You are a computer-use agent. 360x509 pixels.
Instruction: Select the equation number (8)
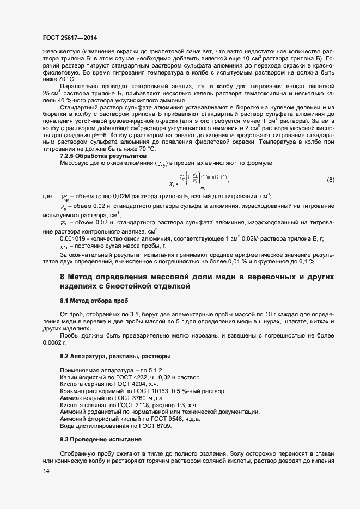coord(331,180)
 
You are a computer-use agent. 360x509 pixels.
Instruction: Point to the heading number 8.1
coord(65,301)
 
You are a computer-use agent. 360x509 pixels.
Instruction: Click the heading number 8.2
coord(65,355)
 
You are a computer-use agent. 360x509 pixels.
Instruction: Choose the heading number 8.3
coord(65,439)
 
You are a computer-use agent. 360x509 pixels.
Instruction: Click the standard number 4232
coord(141,377)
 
